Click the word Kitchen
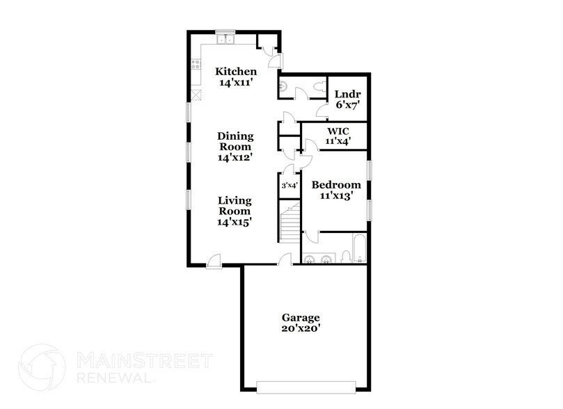pos(236,72)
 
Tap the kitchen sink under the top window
pos(225,40)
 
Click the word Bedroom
pos(336,185)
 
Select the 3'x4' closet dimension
pos(289,186)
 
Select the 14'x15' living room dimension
pos(235,222)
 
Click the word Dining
pos(235,136)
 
